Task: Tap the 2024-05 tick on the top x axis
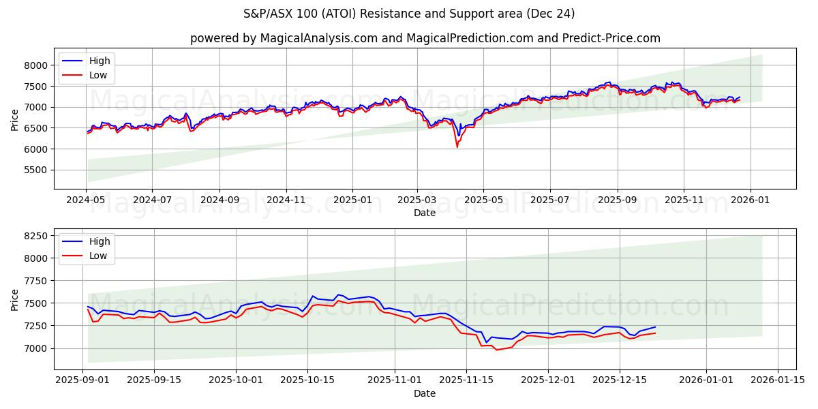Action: (86, 200)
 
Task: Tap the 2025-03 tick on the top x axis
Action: (417, 200)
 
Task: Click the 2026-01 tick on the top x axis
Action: (751, 200)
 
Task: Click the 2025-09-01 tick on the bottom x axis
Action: (83, 380)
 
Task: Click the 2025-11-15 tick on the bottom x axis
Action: (466, 380)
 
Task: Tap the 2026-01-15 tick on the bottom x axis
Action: (778, 380)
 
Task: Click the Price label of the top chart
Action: (15, 119)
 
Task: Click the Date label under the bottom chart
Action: (424, 393)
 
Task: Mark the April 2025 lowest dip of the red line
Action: (457, 147)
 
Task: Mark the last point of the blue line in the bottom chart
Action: (655, 327)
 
